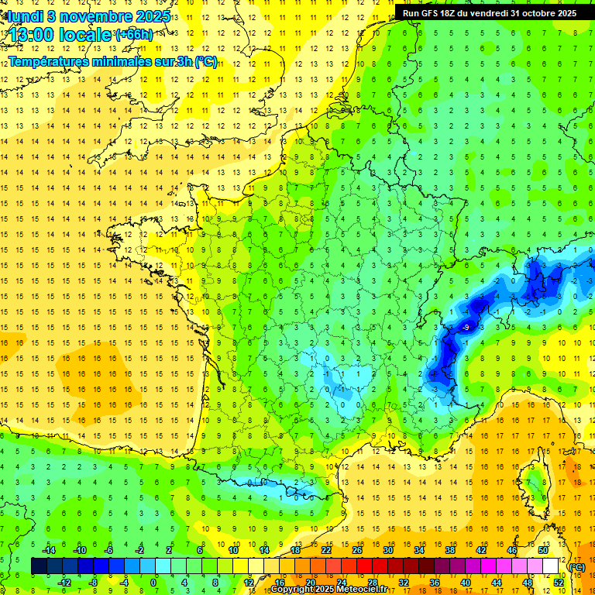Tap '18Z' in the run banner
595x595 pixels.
tap(458, 13)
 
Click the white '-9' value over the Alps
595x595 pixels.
tap(466, 328)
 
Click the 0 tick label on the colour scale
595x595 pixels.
tap(153, 582)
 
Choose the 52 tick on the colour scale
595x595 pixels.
tap(559, 582)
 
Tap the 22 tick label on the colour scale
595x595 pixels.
tap(326, 549)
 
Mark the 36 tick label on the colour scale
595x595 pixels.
tap(435, 582)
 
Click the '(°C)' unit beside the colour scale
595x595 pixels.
tap(577, 567)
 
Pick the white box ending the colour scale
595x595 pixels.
tap(551, 566)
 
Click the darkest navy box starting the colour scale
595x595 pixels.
tap(39, 566)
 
